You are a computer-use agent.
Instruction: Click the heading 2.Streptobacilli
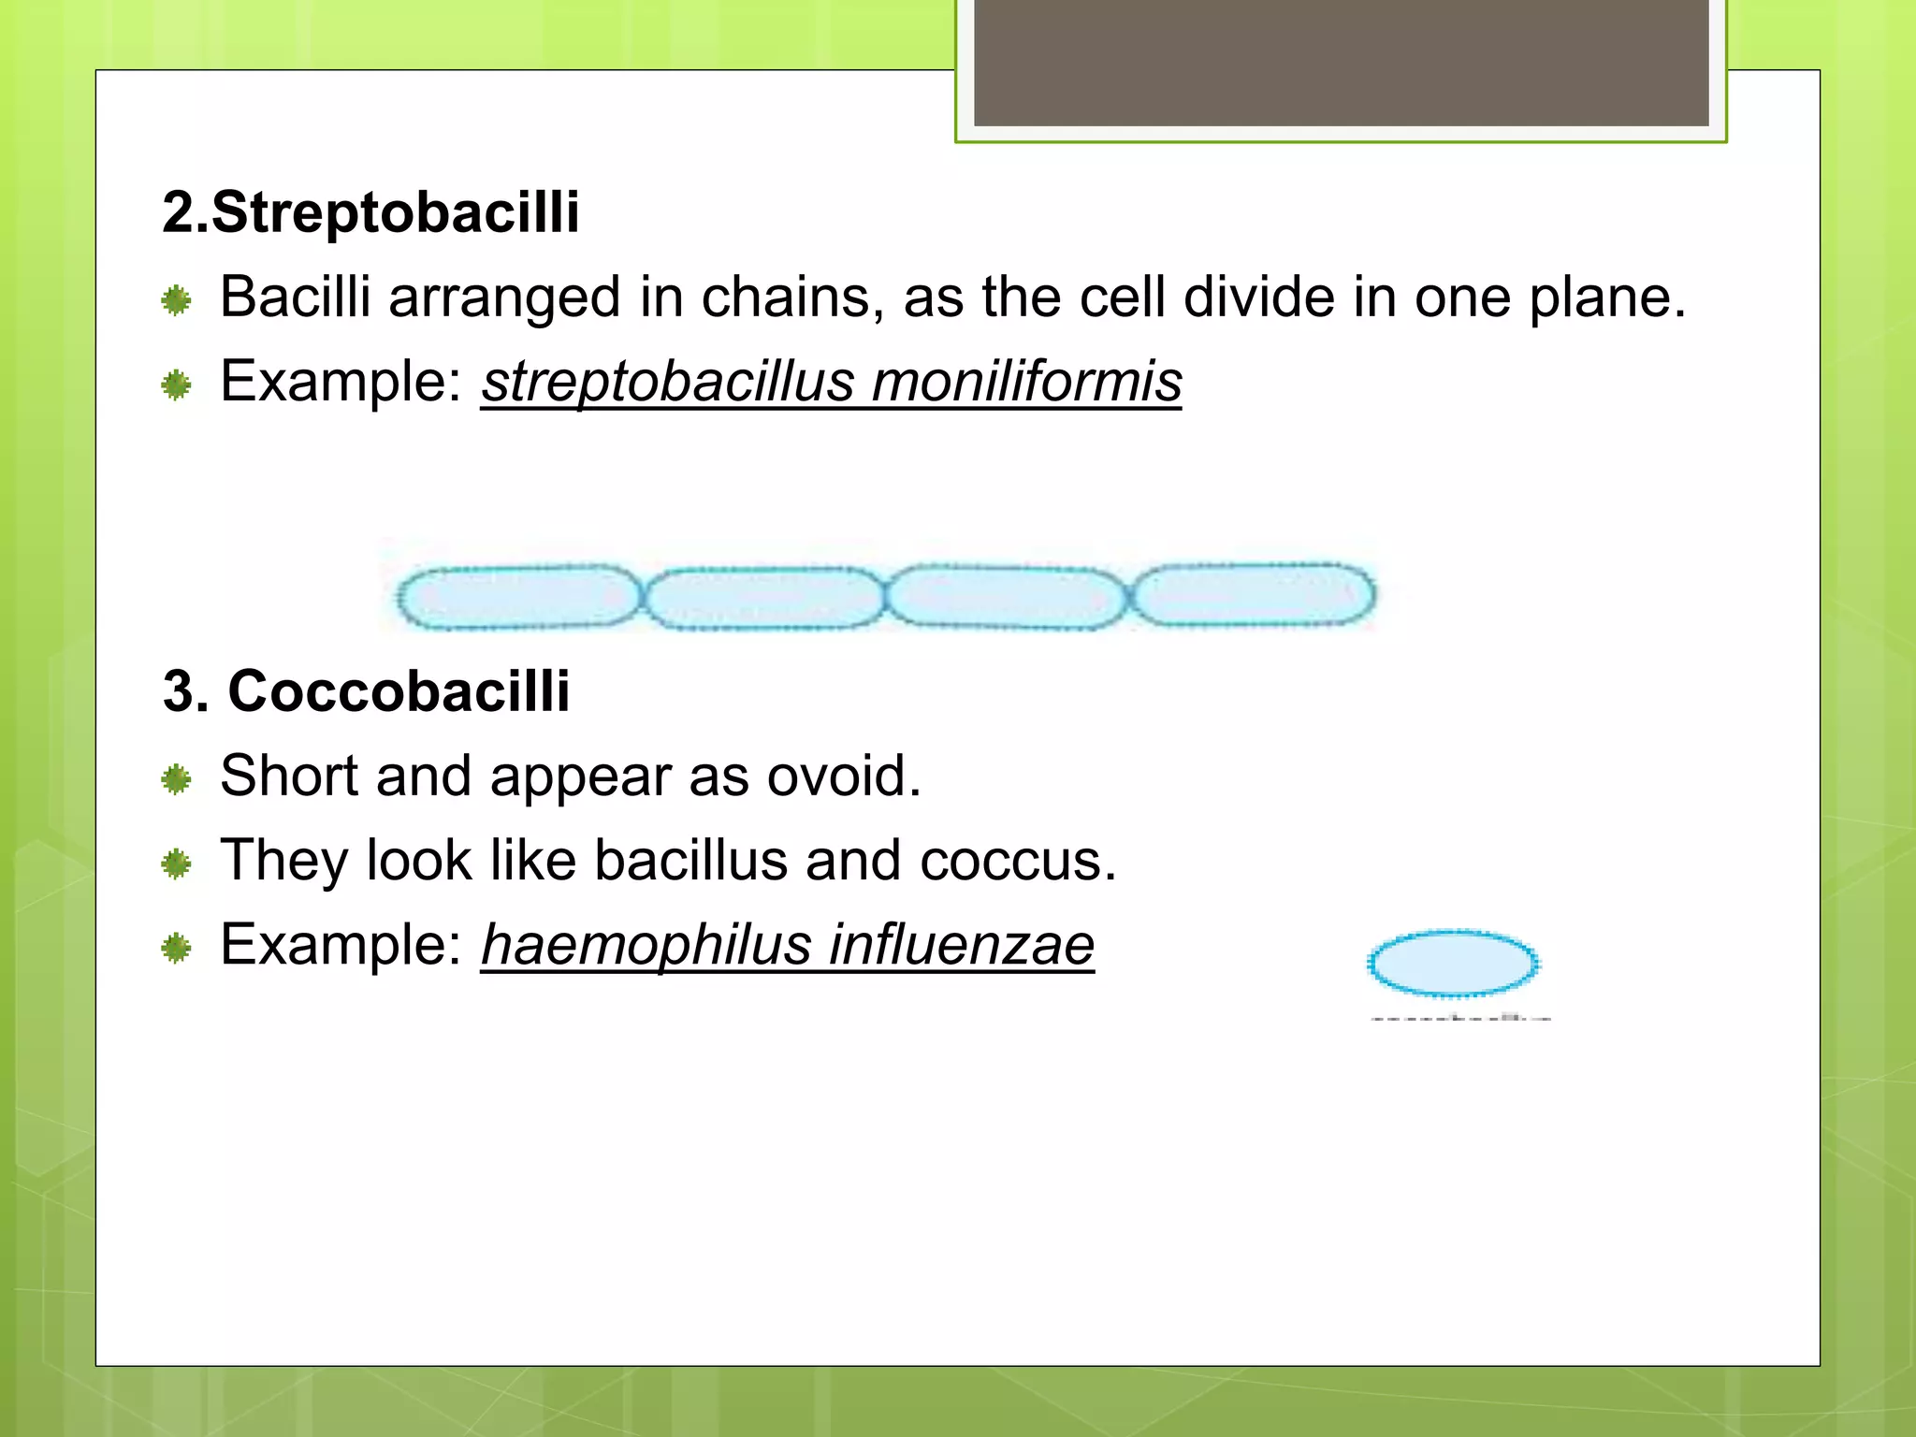(x=370, y=212)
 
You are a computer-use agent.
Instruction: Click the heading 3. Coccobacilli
(x=366, y=691)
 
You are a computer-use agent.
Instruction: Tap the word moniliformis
(x=1026, y=382)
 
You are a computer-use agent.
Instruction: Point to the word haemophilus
(x=645, y=944)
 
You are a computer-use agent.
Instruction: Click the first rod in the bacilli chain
(x=516, y=596)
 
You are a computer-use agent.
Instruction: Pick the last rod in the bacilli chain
(x=1254, y=593)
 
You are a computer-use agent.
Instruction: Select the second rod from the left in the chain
(x=763, y=598)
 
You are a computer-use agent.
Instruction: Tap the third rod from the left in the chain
(x=1006, y=596)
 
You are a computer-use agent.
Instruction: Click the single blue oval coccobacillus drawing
(x=1452, y=963)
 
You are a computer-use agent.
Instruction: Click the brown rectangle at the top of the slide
(x=1341, y=62)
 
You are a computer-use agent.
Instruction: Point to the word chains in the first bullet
(x=792, y=298)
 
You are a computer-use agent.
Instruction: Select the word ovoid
(x=842, y=776)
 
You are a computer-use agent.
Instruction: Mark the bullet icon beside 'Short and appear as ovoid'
(x=176, y=778)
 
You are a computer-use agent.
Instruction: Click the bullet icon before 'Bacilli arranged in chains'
(x=176, y=300)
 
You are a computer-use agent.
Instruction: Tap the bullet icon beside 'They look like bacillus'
(x=176, y=864)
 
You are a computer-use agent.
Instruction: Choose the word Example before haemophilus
(x=340, y=944)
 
